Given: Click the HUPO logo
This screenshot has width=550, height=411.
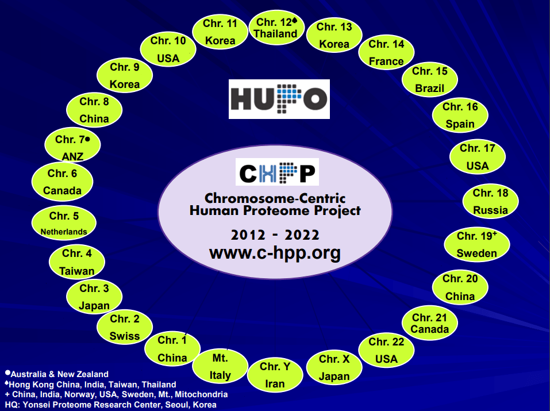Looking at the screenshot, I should click(279, 99).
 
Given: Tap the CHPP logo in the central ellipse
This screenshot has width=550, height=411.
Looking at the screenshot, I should click(277, 172).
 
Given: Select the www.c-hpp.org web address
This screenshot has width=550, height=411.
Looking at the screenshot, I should click(275, 252).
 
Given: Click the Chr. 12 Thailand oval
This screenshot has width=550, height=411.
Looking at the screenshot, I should click(276, 28).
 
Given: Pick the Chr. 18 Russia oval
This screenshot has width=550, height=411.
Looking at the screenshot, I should click(490, 202).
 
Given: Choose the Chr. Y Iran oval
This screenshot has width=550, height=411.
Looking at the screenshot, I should click(275, 375).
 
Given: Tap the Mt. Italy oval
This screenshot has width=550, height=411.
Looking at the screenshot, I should click(220, 367).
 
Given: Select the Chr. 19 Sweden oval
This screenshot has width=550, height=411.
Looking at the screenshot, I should click(476, 244).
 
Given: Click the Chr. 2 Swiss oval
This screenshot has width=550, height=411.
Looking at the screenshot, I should click(125, 327).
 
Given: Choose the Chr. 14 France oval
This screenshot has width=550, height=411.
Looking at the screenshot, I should click(386, 52).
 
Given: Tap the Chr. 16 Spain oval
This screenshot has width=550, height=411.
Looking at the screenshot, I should click(460, 115).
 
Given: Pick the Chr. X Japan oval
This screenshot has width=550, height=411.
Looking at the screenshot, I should click(334, 368).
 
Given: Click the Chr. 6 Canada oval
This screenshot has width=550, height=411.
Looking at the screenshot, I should click(62, 182).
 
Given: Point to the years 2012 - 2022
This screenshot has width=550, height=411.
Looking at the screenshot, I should click(275, 235).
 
